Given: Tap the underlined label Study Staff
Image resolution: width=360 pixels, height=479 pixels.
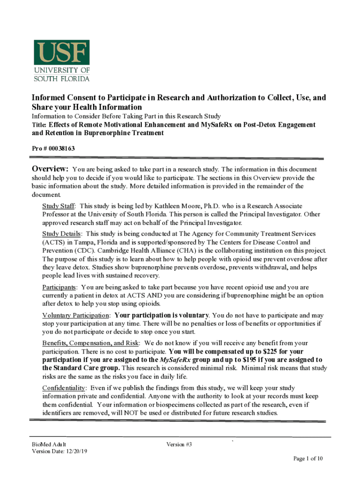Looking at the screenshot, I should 59,206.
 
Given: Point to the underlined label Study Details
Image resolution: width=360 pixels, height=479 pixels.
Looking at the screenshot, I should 62,233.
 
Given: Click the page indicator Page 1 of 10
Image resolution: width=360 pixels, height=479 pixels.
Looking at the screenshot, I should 308,458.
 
